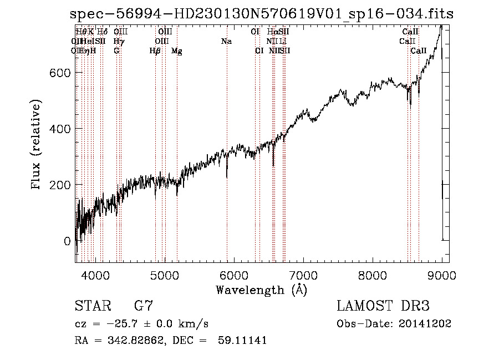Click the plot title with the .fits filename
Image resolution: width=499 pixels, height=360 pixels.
tap(261, 15)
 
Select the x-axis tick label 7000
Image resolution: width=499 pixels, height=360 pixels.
tap(303, 275)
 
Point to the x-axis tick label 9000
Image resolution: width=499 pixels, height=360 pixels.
tap(442, 275)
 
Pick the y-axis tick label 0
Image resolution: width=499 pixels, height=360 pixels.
tap(67, 241)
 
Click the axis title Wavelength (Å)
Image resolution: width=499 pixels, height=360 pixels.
tap(261, 290)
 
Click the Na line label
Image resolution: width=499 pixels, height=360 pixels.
tap(226, 42)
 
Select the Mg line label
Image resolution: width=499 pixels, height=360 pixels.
tap(177, 51)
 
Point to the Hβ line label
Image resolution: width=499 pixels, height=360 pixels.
tap(155, 51)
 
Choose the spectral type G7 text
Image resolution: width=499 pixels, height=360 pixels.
tap(144, 306)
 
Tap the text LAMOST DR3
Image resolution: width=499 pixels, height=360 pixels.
tap(383, 306)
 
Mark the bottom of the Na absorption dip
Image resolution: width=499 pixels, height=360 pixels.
tap(227, 177)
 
